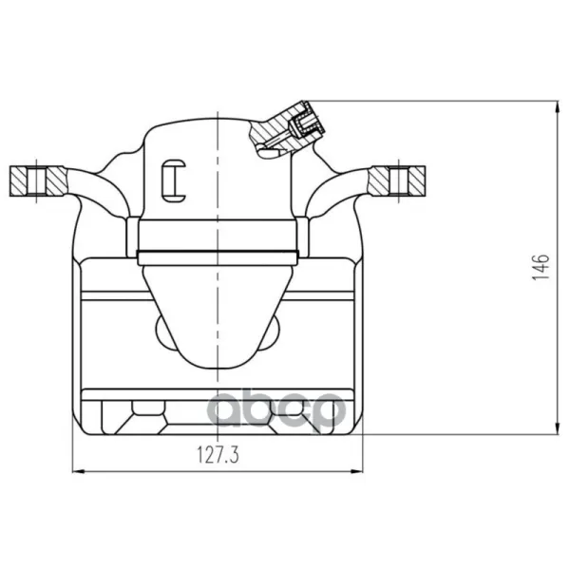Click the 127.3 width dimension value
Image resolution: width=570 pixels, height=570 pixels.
click(x=218, y=455)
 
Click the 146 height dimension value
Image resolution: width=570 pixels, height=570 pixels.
click(x=541, y=267)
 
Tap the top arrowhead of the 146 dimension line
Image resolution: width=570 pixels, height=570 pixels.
click(x=558, y=107)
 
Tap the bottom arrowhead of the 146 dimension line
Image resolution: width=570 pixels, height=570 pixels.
click(x=558, y=427)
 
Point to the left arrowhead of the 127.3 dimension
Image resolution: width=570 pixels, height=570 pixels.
click(x=79, y=471)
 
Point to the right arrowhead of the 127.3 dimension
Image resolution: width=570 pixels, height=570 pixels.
click(x=356, y=471)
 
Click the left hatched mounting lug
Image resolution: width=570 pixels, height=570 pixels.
click(x=38, y=181)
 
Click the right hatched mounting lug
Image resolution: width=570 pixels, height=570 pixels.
click(x=397, y=180)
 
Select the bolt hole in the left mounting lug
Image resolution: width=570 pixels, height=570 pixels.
click(x=36, y=181)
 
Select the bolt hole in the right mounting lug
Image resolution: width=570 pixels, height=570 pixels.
click(x=399, y=180)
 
